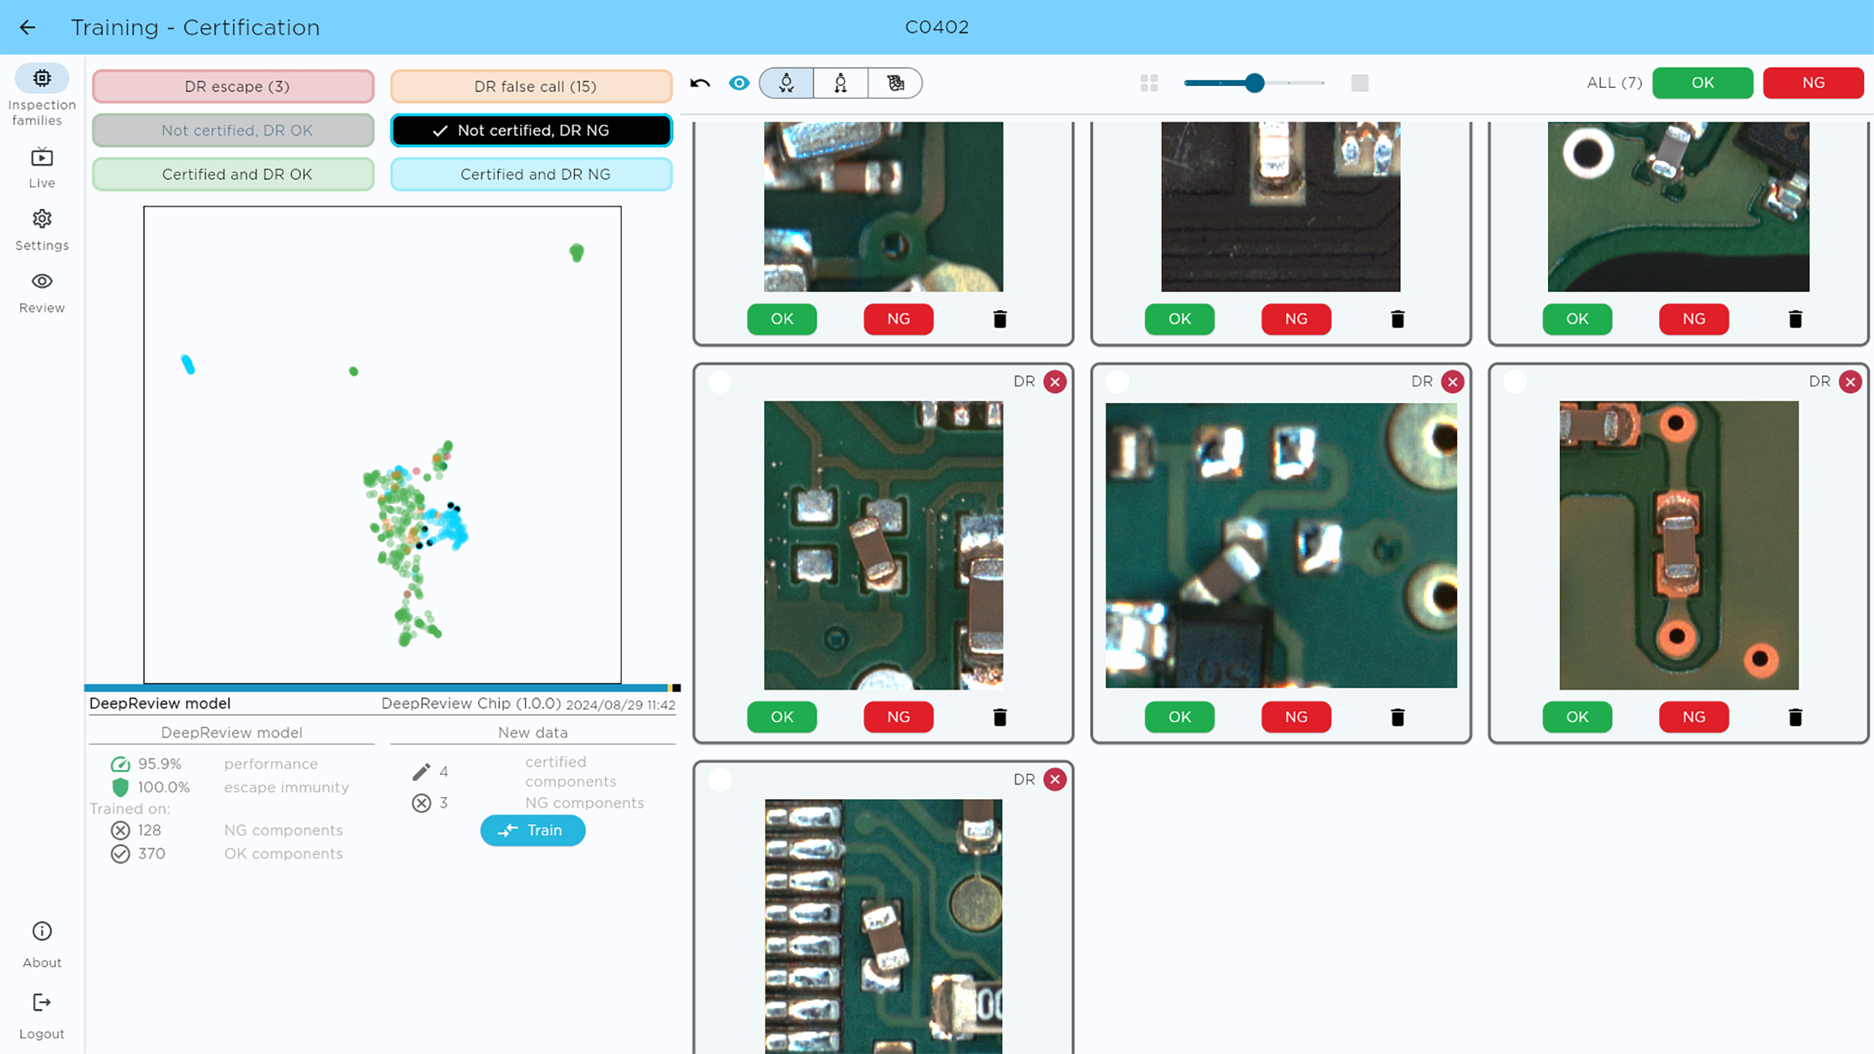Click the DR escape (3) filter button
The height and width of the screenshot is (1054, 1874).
tap(233, 86)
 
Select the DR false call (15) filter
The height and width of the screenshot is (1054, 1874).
tap(532, 86)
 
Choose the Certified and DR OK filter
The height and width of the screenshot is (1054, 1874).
tap(233, 174)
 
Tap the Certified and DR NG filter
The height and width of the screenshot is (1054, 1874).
tap(532, 174)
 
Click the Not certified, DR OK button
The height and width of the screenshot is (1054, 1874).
tap(233, 130)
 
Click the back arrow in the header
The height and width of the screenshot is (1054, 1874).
tap(28, 28)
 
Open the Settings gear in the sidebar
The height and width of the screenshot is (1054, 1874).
tap(42, 219)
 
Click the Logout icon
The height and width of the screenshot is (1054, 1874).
tap(42, 1002)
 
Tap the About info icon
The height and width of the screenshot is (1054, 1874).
tap(42, 931)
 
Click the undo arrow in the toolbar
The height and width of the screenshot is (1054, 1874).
tap(700, 83)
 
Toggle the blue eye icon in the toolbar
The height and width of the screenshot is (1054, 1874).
tap(739, 83)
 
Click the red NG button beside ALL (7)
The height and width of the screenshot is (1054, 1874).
tap(1813, 83)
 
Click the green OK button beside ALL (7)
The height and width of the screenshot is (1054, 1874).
tap(1702, 83)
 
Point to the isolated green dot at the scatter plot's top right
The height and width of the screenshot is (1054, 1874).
tap(577, 252)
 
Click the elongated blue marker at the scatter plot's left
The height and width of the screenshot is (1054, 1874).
tap(188, 364)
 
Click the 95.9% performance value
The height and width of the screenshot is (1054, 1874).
tap(160, 764)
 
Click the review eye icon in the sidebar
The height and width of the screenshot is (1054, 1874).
tap(42, 282)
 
